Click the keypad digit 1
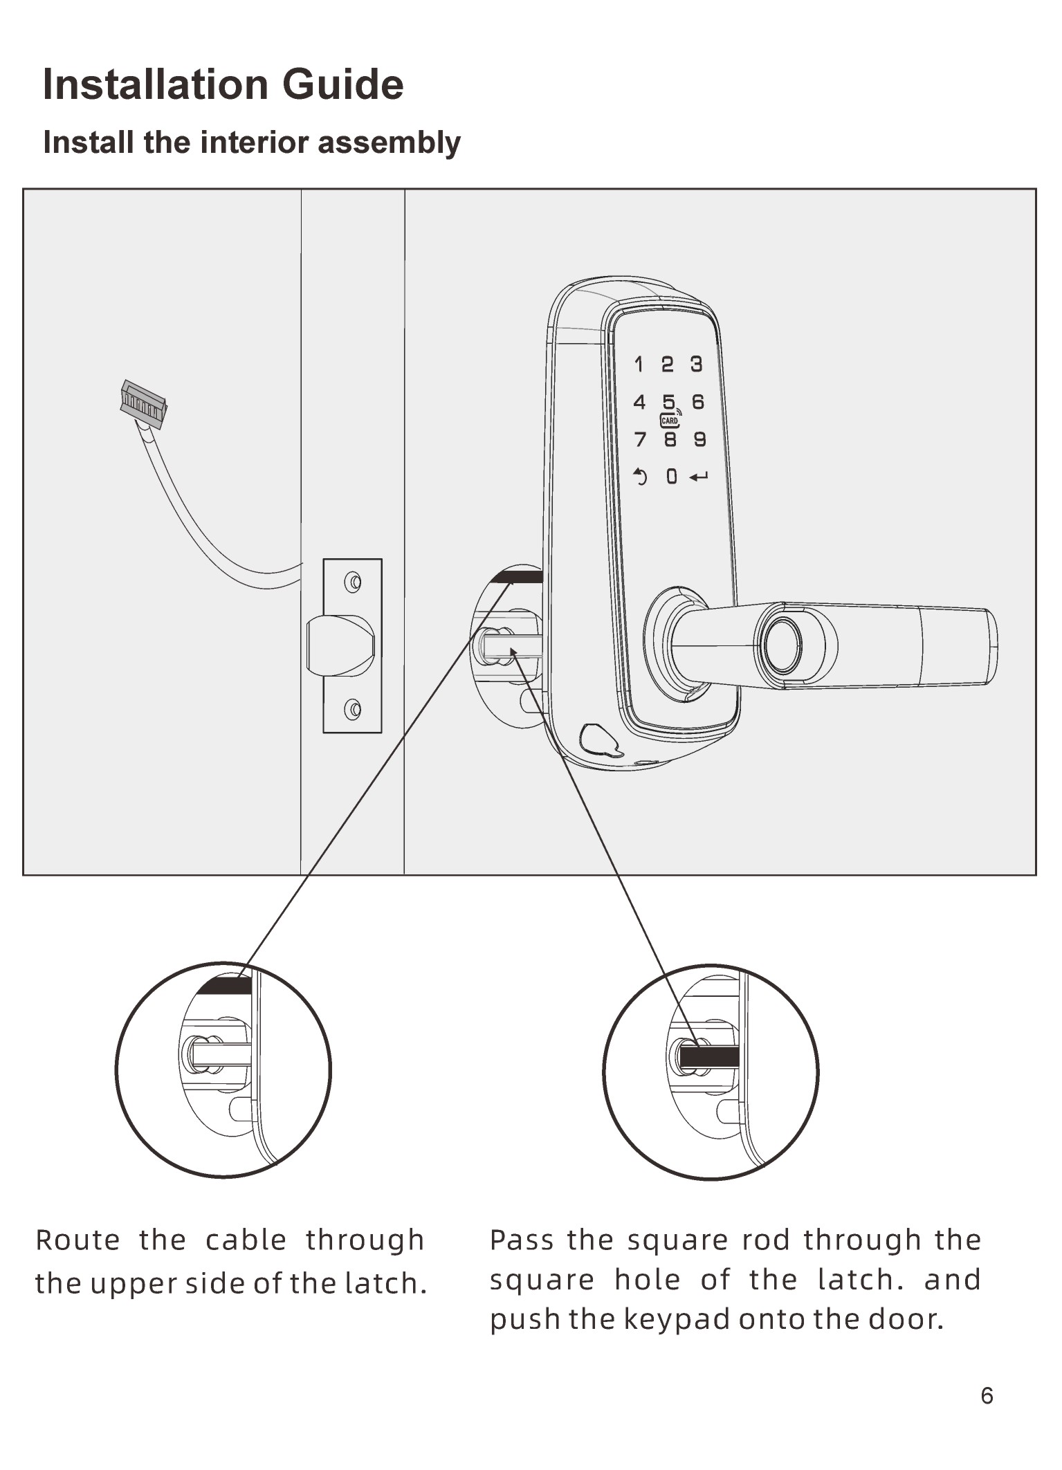pos(639,364)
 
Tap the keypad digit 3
pos(696,364)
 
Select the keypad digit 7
pos(640,439)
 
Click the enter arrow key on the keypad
pos(699,477)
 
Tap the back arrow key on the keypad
pos(641,476)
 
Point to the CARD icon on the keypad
pos(670,421)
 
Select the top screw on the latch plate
pos(353,582)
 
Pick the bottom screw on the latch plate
pos(353,709)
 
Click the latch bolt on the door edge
pos(340,645)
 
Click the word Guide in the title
pos(342,84)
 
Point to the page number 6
pos(987,1395)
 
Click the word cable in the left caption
pos(246,1240)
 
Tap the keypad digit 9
pos(699,439)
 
